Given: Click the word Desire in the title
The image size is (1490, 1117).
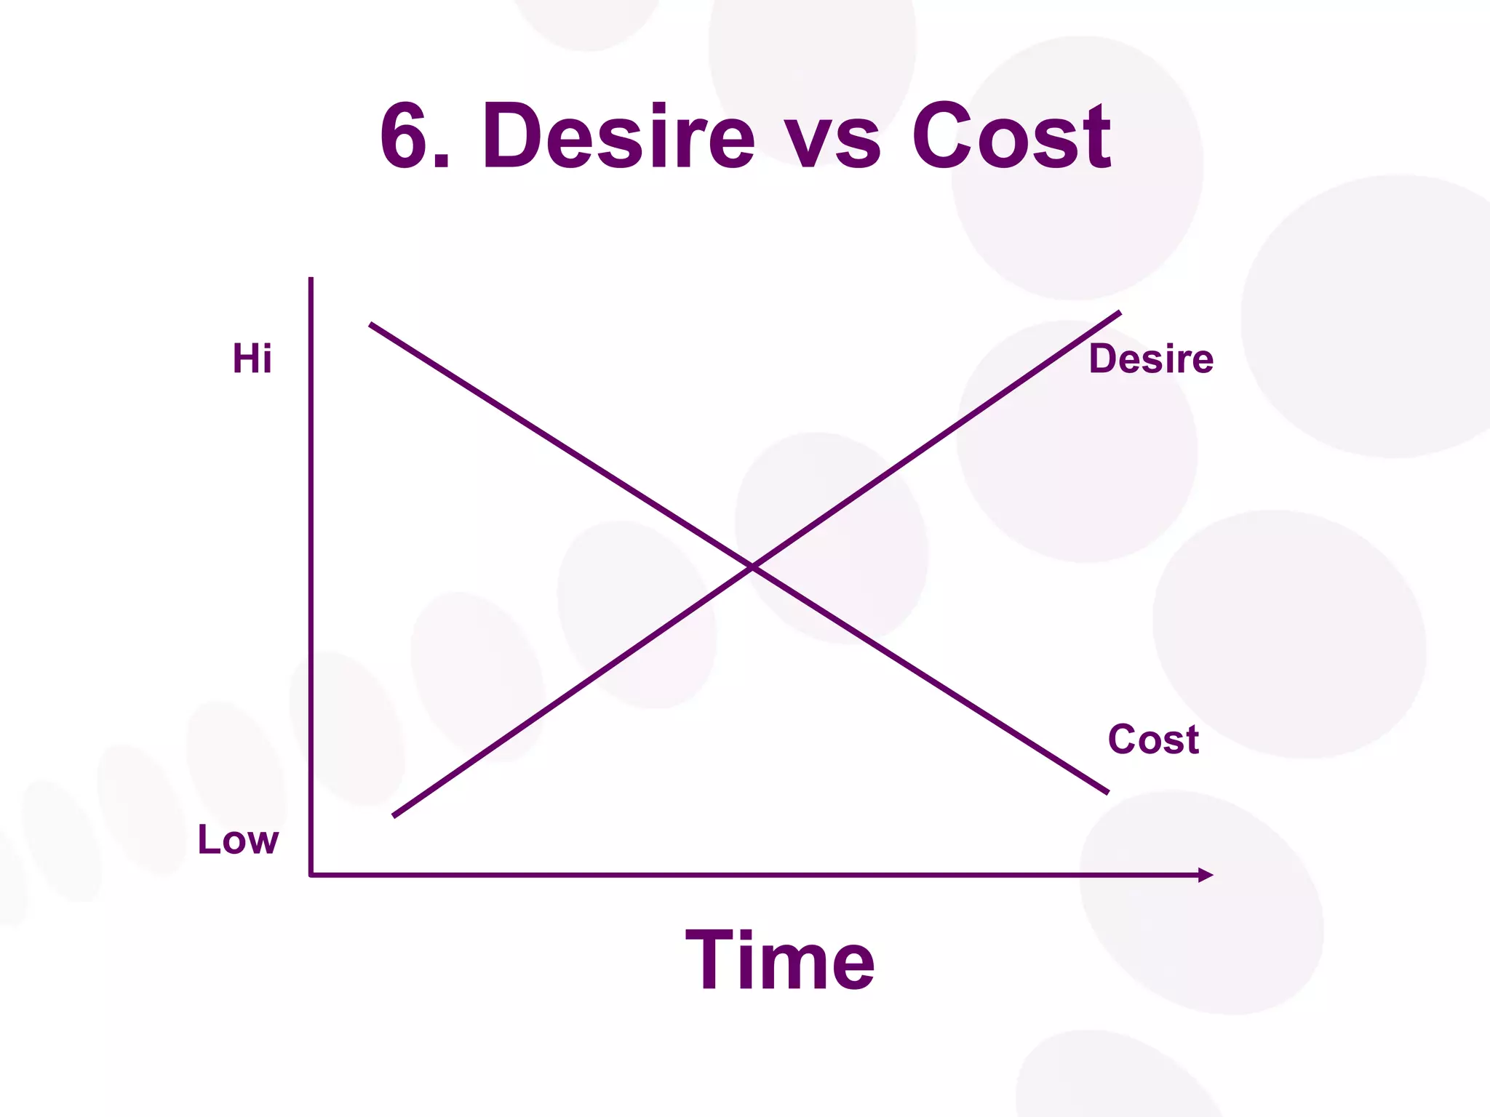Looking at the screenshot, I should coord(618,137).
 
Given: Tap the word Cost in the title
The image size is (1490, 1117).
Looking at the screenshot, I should coord(1011,137).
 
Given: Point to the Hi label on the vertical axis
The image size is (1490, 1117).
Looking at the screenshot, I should coord(252,359).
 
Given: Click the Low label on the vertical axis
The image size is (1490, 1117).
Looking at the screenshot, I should coord(238,839).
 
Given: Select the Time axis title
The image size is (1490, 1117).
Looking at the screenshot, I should coord(780,960).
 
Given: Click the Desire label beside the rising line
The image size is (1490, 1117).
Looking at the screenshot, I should coord(1151,359).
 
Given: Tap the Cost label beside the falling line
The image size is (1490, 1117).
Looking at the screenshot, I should coord(1153,740).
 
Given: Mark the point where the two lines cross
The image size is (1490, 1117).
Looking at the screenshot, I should coord(752,566).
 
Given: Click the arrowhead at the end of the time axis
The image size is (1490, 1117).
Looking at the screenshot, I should coord(1206,875).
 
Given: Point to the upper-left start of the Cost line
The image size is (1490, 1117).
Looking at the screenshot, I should coord(371,324).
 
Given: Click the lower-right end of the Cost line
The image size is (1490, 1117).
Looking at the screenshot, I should coord(1107,792).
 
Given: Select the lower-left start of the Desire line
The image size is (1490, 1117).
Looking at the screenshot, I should coord(394,816).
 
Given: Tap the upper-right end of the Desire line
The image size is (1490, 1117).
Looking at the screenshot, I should coord(1120,313).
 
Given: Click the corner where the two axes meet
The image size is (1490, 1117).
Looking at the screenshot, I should coord(311,875).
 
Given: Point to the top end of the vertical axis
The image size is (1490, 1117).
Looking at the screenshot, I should coord(311,279).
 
